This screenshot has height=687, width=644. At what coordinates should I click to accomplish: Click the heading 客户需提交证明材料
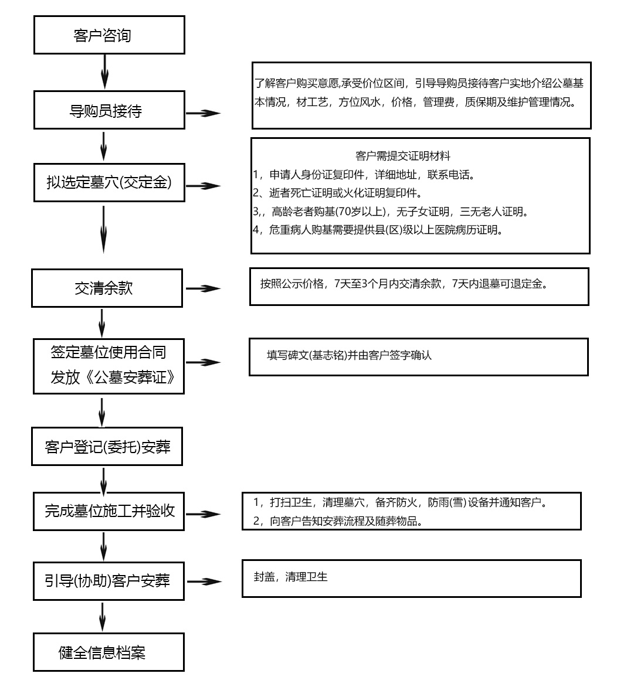click(402, 155)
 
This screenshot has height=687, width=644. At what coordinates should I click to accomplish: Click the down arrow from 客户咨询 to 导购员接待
click(104, 72)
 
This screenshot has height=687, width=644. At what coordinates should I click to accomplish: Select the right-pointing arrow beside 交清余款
click(203, 288)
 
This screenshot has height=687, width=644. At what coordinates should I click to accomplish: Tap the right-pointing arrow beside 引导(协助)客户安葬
click(204, 582)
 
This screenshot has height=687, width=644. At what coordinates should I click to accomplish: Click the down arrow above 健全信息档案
click(102, 617)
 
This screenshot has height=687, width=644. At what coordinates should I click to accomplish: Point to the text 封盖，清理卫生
click(291, 577)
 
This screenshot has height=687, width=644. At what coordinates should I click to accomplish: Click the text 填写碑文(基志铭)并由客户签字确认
click(349, 355)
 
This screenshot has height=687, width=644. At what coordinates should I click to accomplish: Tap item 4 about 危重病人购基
click(378, 230)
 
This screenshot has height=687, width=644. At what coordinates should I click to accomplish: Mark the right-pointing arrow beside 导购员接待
click(203, 113)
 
